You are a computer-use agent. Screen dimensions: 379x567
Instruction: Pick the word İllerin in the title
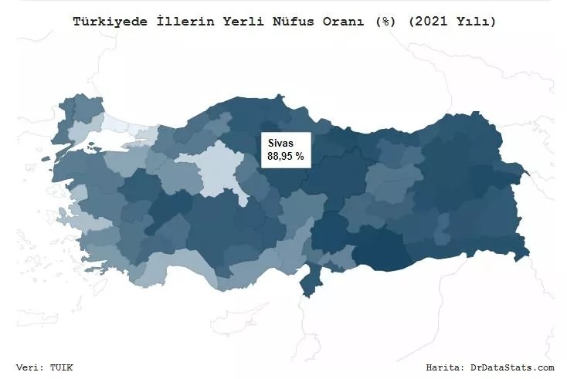point(188,22)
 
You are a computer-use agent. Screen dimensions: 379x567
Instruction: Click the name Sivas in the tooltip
point(280,143)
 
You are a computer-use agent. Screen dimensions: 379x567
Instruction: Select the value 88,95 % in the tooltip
point(286,156)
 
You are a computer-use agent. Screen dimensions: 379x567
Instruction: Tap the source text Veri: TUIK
point(45,367)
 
